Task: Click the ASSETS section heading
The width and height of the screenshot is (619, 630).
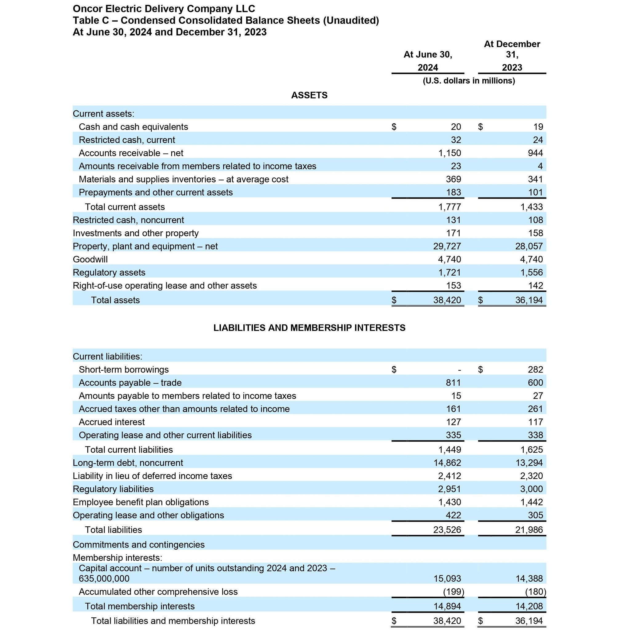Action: (309, 95)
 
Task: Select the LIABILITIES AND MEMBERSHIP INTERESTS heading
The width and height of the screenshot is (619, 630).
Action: (309, 328)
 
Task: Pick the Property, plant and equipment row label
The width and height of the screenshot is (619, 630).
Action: (145, 246)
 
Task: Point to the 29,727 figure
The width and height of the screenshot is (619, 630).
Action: (447, 246)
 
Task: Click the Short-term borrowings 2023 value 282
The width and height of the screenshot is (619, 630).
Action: (535, 370)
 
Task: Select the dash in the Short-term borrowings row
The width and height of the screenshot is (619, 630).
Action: (459, 370)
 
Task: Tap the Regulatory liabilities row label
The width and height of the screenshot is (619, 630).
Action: (113, 489)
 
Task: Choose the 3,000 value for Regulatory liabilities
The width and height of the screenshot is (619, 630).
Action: (532, 489)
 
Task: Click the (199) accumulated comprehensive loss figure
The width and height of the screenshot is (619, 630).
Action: (453, 592)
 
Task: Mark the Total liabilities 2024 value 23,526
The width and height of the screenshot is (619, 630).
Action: (447, 530)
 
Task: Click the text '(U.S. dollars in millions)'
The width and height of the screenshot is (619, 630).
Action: (469, 81)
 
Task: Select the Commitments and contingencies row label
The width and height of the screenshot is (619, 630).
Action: (138, 544)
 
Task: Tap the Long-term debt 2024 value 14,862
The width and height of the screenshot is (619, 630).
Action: (447, 463)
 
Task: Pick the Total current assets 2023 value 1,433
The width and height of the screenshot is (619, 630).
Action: (532, 207)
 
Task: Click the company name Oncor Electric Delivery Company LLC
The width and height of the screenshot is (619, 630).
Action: (164, 9)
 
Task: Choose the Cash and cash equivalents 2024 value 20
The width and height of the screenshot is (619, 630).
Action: (456, 127)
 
